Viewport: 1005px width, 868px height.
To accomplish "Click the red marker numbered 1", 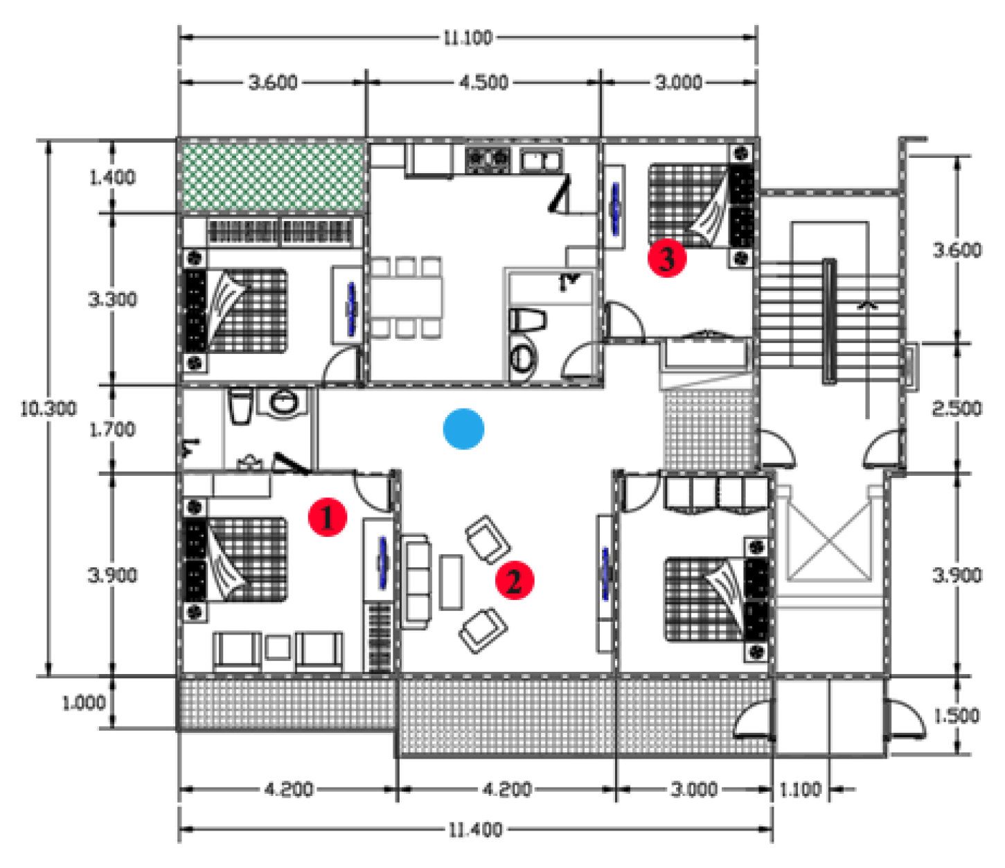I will pos(328,517).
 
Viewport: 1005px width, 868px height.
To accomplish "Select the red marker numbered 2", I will pos(514,580).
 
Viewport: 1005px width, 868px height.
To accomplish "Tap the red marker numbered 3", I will pos(667,258).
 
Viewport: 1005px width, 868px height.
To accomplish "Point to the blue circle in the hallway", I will pos(463,429).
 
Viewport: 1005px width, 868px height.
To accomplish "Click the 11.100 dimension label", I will pos(468,37).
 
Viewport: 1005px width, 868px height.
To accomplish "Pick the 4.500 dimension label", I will pos(483,82).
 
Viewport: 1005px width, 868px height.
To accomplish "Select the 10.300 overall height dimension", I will pos(48,409).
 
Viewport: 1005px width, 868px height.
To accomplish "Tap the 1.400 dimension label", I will pos(112,177).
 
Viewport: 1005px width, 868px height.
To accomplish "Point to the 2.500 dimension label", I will pos(957,409).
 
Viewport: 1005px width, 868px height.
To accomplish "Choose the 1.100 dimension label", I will pos(800,789).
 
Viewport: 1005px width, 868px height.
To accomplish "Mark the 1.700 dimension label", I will pos(112,429).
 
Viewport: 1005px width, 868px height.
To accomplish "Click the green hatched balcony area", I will pos(272,177).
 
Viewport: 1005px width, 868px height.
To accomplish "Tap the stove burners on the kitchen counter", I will pos(488,159).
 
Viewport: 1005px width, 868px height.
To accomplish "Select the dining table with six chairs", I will pos(406,298).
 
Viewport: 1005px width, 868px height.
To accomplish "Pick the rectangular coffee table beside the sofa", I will pos(452,582).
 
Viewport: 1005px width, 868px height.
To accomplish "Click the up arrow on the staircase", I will pos(866,305).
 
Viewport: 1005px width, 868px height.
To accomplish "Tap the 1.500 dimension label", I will pos(957,716).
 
